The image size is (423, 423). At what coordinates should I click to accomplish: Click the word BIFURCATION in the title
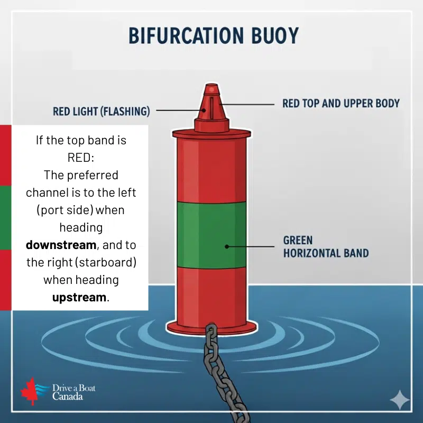(x=186, y=35)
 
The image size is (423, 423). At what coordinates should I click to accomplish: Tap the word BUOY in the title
(x=275, y=35)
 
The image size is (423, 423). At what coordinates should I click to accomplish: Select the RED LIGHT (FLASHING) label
(x=101, y=111)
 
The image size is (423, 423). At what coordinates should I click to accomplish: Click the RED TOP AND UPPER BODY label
(x=341, y=103)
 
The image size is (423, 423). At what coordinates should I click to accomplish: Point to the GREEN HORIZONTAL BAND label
(x=326, y=246)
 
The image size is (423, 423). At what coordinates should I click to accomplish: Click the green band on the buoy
(x=212, y=235)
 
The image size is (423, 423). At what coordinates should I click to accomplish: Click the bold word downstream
(x=61, y=245)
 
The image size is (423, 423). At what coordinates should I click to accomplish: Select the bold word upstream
(x=79, y=297)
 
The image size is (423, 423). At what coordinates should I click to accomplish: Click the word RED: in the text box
(x=81, y=158)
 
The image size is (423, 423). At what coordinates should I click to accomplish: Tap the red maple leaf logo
(x=29, y=391)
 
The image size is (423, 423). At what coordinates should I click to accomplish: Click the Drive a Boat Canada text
(x=73, y=392)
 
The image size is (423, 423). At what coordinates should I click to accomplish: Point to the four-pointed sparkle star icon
(x=400, y=400)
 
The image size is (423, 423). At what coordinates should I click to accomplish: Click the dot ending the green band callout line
(x=227, y=246)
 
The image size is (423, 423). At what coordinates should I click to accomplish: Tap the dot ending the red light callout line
(x=204, y=110)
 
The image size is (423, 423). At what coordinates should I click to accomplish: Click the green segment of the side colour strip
(x=6, y=218)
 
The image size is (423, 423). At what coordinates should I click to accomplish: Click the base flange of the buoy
(x=212, y=327)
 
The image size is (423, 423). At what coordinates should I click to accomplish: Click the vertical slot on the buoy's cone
(x=212, y=108)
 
